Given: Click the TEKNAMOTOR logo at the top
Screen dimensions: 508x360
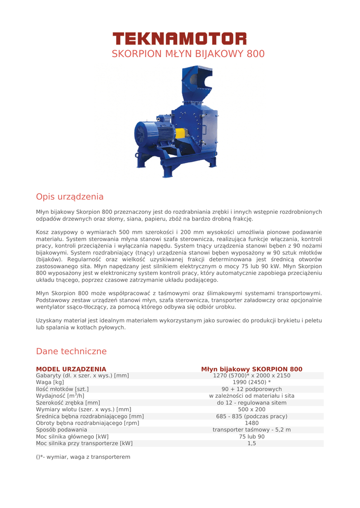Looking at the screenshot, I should tap(179, 38).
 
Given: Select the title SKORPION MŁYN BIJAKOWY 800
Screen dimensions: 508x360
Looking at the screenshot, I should tap(188, 54).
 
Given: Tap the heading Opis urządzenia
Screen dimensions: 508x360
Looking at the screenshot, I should tap(70, 196).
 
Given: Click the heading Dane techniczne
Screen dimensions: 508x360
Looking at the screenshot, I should tap(71, 351).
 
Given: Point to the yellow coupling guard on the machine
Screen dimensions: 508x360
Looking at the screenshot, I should tap(177, 133).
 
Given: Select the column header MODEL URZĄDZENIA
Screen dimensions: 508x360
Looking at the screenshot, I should tap(71, 369).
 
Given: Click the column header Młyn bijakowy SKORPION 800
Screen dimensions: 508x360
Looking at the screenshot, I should tap(251, 369).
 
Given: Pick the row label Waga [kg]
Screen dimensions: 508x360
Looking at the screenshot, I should tap(50, 382).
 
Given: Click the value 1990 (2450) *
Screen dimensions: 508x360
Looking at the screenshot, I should tap(251, 382).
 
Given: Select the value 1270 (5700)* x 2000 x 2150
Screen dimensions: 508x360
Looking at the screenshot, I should tap(251, 376).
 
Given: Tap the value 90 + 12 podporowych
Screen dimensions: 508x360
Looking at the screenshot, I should tap(251, 389).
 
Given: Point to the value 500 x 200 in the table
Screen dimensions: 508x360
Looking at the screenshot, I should tap(251, 409).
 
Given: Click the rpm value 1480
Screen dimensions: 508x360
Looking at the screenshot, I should tap(251, 423).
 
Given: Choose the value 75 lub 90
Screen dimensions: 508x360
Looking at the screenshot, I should tap(251, 437).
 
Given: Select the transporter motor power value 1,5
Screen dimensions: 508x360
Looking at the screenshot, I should tap(251, 444).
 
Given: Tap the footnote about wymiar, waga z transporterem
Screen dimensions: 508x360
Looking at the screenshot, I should tap(83, 456).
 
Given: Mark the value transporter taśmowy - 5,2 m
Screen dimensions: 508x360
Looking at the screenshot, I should tap(251, 430).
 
